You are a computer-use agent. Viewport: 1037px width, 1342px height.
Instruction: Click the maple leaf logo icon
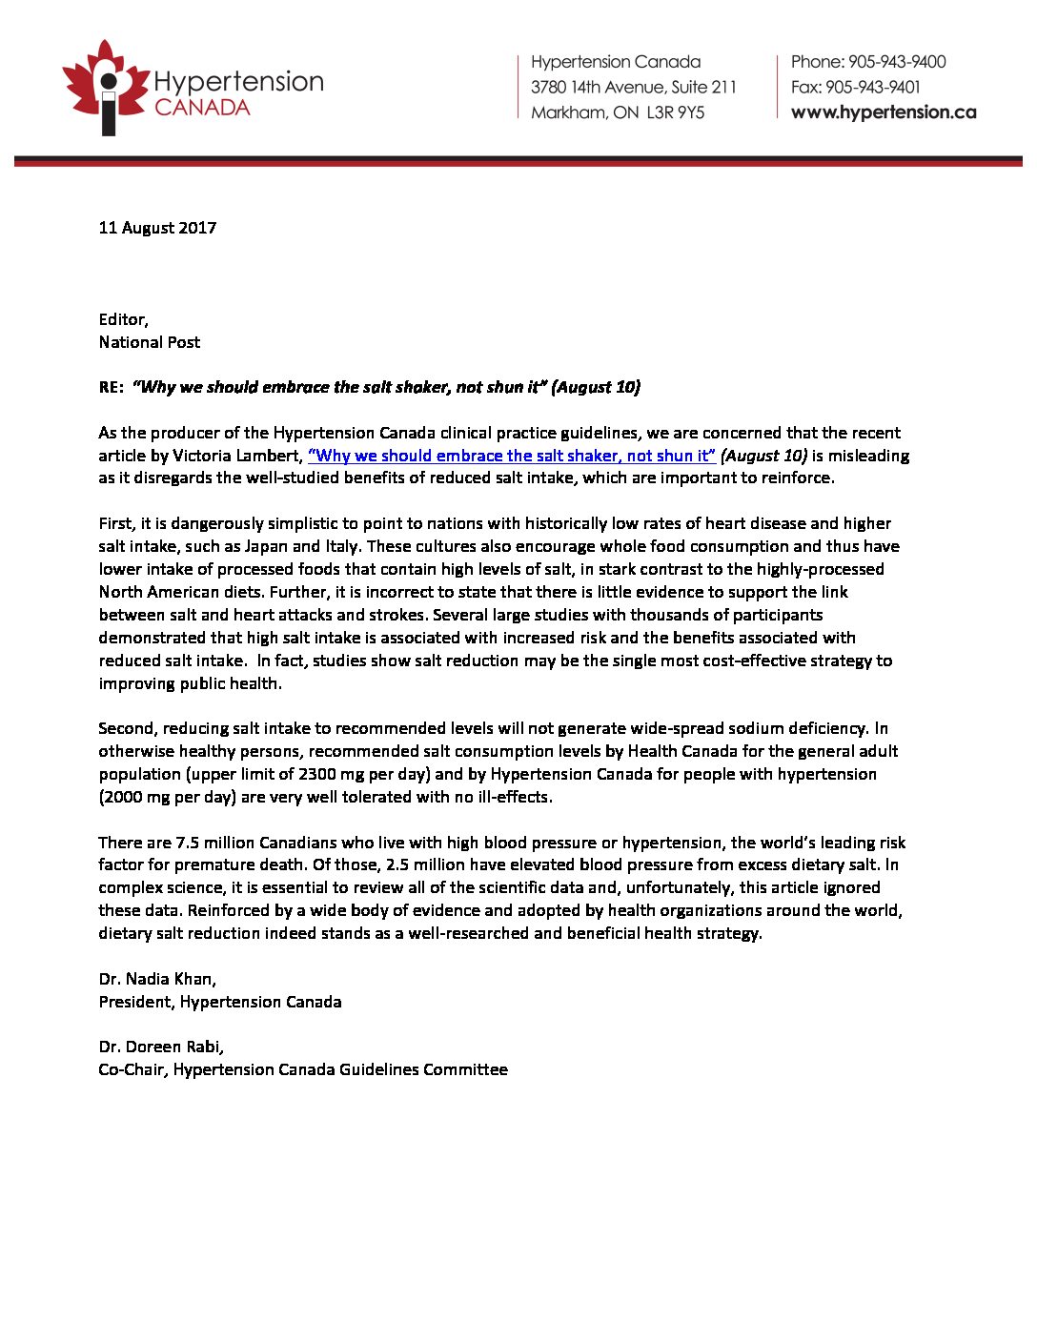[x=105, y=86]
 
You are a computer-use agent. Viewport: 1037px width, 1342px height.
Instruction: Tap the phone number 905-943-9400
[x=897, y=62]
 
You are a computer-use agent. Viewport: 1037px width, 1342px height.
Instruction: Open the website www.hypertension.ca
[x=884, y=112]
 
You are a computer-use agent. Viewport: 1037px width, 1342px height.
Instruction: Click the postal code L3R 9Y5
[x=676, y=112]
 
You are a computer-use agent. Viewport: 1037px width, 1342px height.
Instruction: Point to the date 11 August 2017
[x=157, y=228]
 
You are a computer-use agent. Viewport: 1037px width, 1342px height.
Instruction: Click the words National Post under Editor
[x=150, y=342]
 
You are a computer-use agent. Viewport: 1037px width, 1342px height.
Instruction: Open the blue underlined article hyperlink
[x=512, y=456]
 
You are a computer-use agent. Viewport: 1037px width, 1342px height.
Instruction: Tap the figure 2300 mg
[x=333, y=774]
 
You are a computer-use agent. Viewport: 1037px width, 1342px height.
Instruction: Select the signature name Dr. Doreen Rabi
[x=161, y=1047]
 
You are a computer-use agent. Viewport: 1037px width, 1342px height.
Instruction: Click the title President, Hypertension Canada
[x=220, y=1002]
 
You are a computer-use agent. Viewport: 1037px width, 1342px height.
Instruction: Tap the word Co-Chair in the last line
[x=132, y=1069]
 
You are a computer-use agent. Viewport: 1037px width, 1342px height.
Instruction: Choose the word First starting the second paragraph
[x=117, y=523]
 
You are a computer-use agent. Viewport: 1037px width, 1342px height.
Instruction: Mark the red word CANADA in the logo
[x=202, y=108]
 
